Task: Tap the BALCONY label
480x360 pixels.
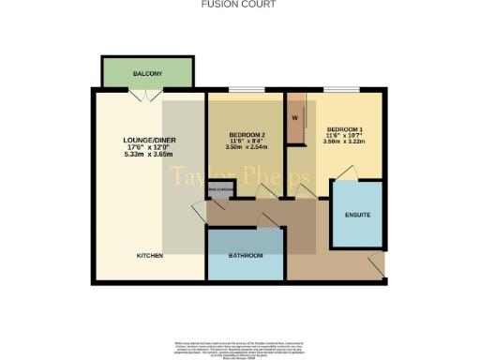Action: (147, 73)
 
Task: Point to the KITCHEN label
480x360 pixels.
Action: (150, 255)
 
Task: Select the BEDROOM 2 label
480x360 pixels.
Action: (247, 135)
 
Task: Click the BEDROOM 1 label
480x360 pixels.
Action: (344, 128)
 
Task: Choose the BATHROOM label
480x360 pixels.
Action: (246, 256)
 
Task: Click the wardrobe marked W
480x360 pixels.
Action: (295, 118)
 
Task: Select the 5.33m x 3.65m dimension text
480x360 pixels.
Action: (150, 156)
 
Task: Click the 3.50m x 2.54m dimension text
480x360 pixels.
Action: (247, 148)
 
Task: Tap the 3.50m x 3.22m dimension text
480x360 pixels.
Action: (344, 142)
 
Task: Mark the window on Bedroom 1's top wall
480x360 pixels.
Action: (338, 90)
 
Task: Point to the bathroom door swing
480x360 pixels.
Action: (268, 219)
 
